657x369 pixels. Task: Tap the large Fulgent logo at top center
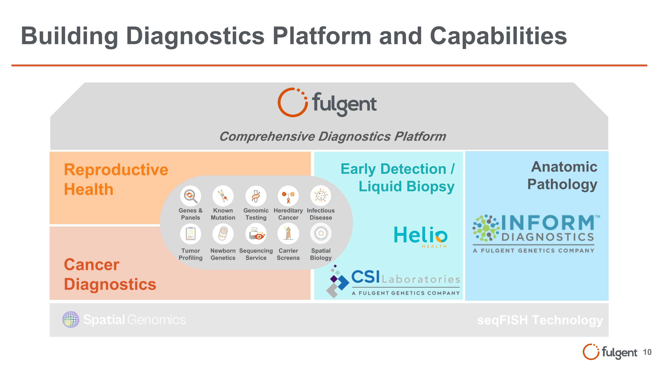pos(327,103)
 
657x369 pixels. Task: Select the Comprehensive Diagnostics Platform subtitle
pos(333,136)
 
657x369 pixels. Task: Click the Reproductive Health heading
pos(116,179)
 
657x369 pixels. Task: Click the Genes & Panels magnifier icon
pos(190,196)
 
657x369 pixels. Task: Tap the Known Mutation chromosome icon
pos(223,196)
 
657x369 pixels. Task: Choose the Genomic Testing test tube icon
pos(256,196)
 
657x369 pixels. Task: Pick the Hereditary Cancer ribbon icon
pos(288,196)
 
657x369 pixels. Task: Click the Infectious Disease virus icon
pos(321,196)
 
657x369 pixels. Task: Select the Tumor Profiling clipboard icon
pos(190,234)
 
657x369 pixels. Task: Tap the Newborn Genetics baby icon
pos(223,234)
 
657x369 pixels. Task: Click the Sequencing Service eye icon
pos(256,234)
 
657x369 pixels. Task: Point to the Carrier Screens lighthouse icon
pos(288,234)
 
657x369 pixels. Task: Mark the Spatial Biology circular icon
pos(321,234)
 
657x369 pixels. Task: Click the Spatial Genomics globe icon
pos(71,319)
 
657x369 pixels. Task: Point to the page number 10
pos(647,352)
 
